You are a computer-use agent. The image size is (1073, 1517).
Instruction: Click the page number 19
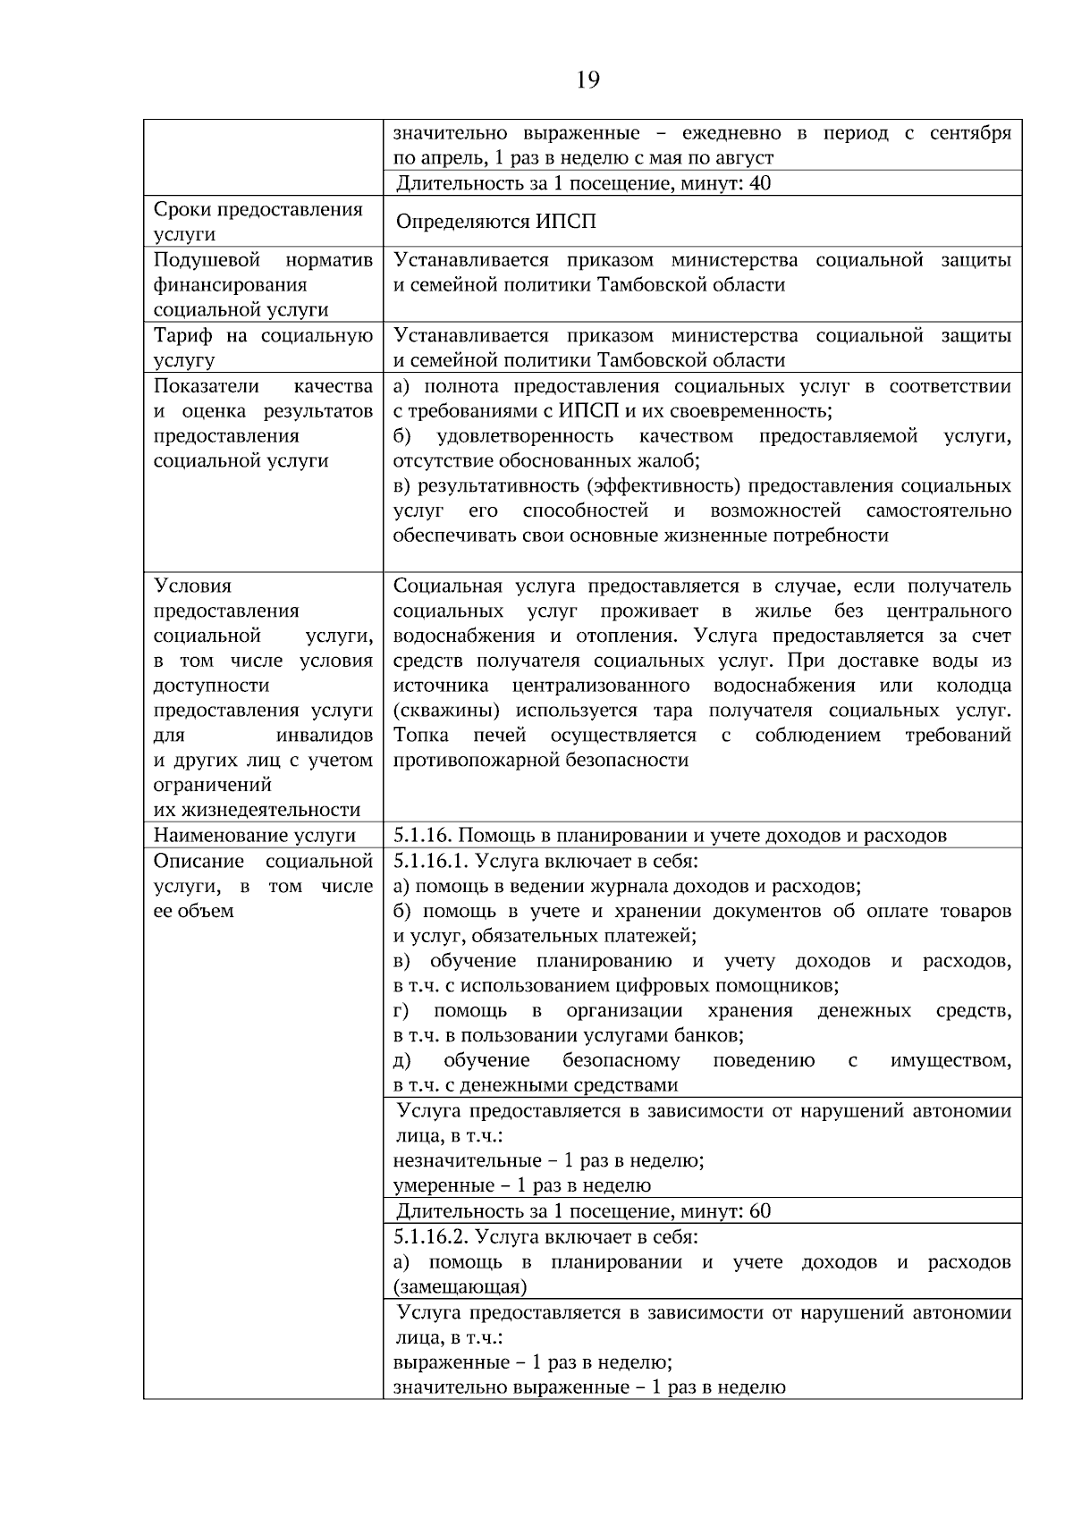[x=587, y=81]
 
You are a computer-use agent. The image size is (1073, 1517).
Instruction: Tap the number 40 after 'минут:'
[x=761, y=183]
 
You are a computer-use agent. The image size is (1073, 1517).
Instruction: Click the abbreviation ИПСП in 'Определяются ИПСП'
[x=567, y=222]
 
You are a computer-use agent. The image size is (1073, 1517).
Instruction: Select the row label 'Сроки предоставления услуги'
[x=258, y=222]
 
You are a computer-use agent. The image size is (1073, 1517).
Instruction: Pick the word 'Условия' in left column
[x=192, y=586]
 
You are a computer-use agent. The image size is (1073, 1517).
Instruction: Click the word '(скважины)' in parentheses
[x=446, y=711]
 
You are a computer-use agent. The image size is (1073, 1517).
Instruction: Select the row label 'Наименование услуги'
[x=255, y=836]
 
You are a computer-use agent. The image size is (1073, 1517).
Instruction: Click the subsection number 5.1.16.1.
[x=431, y=861]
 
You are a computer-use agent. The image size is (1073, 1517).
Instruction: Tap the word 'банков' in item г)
[x=714, y=1035]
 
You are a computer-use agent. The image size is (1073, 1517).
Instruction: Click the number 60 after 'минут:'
[x=760, y=1211]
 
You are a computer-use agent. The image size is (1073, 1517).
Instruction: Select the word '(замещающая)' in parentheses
[x=460, y=1287]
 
